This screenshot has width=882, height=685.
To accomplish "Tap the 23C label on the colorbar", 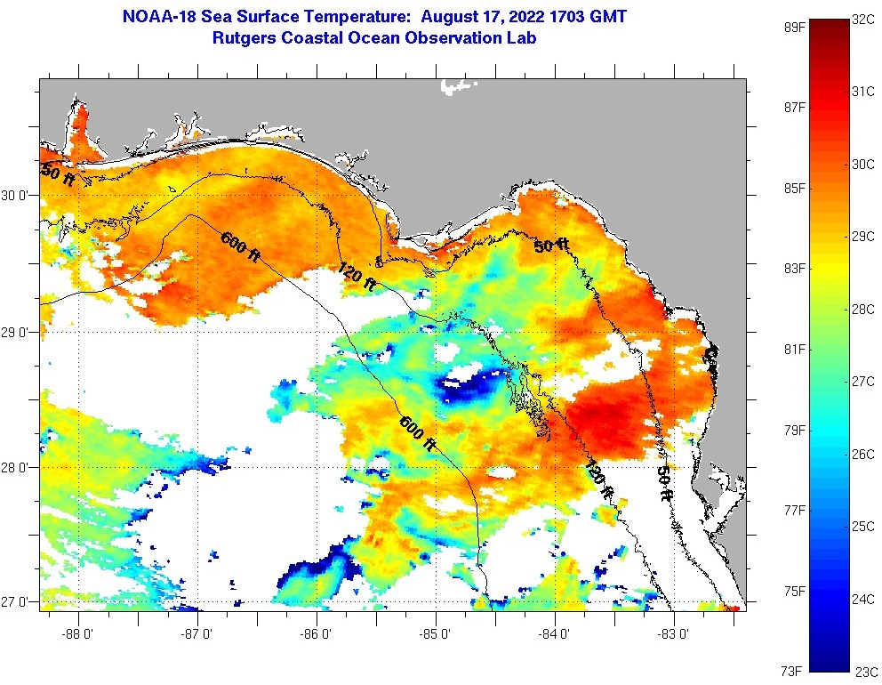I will [x=866, y=671].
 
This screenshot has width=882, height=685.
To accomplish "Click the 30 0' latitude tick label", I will [x=18, y=196].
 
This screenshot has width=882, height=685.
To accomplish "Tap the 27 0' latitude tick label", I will [x=18, y=602].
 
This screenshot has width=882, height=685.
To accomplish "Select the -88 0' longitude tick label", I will [x=79, y=634].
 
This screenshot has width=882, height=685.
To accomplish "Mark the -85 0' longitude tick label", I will [x=436, y=634].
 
